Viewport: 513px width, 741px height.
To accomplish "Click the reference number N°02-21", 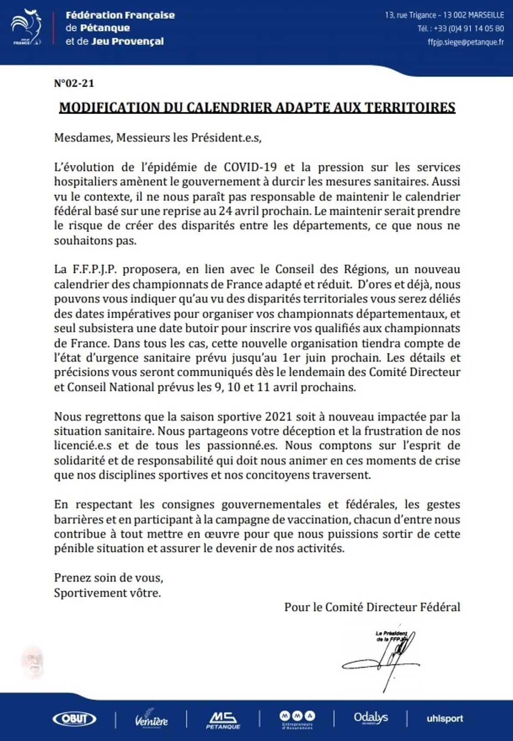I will [74, 83].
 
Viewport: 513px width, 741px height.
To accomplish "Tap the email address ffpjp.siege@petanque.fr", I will [465, 42].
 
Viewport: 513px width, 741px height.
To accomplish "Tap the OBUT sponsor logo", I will [74, 719].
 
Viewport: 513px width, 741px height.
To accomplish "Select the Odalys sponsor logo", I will [370, 718].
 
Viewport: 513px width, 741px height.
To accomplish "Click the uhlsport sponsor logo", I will [444, 719].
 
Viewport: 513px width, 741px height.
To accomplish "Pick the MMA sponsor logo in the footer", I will [297, 719].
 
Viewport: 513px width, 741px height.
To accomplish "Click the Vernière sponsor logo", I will [151, 719].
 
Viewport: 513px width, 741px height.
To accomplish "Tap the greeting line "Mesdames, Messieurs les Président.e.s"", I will [158, 138].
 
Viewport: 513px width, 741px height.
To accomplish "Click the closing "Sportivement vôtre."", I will [107, 593].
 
